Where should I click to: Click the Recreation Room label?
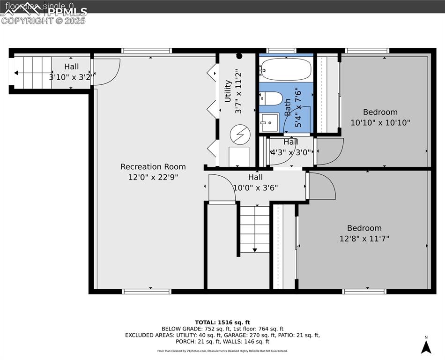pos(153,166)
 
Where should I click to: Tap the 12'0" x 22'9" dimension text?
pos(153,177)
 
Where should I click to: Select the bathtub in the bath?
pos(286,69)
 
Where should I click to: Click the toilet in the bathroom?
pos(271,98)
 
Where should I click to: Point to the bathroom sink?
pos(269,123)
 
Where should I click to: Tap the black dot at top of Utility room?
pos(239,56)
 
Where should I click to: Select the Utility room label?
pos(228,91)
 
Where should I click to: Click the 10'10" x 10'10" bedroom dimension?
pos(380,123)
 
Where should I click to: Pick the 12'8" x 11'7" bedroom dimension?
pos(364,239)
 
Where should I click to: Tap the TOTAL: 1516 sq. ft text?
pos(222,322)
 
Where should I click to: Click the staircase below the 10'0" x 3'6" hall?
pos(255,228)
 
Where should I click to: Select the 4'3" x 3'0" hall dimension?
pos(290,152)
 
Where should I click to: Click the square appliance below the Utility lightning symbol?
pos(239,156)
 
